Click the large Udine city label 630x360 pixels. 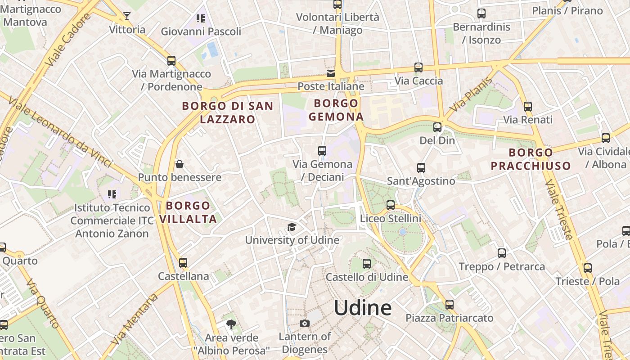coord(363,308)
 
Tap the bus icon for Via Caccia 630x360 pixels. coord(418,67)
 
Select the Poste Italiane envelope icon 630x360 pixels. coord(331,73)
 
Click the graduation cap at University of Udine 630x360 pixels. coord(292,227)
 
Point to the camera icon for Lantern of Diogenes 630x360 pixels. coord(305,323)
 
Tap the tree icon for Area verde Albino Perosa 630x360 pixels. coord(231,324)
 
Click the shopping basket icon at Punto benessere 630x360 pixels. coord(180,164)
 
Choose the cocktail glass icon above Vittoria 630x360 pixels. coord(127,17)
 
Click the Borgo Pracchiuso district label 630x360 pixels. coord(531,159)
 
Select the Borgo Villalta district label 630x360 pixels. coord(188,212)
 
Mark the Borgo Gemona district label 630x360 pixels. coord(336,110)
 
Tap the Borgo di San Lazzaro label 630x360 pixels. coord(227,112)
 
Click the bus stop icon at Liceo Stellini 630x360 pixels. coord(391,205)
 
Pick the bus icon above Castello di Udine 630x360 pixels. coord(367,264)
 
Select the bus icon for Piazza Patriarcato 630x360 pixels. coord(449,305)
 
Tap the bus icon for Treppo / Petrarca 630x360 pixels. coord(502,253)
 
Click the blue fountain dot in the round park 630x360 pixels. coord(403,232)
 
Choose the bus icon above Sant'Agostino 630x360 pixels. coord(421,168)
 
